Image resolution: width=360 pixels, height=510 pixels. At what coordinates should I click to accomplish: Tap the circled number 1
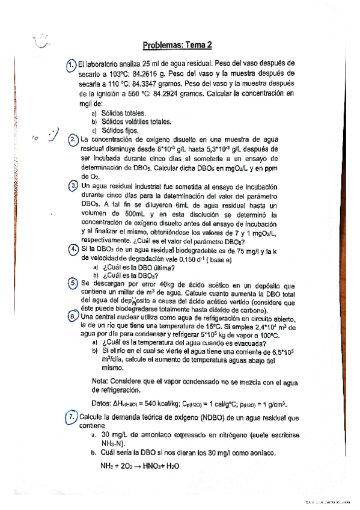click(x=71, y=64)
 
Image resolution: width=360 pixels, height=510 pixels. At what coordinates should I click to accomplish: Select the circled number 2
click(x=73, y=140)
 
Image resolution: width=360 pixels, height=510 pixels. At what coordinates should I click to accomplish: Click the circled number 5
click(x=72, y=283)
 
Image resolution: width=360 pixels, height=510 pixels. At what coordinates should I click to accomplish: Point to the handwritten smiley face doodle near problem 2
click(x=54, y=134)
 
